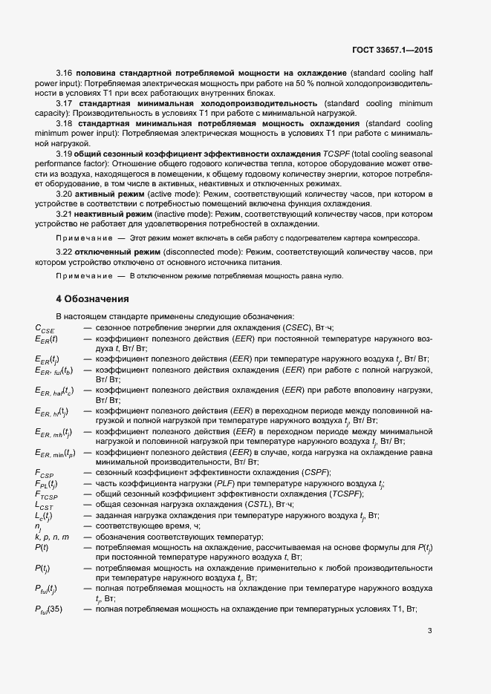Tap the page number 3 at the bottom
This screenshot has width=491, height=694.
pyautogui.click(x=429, y=632)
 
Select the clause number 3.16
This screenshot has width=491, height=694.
pyautogui.click(x=65, y=74)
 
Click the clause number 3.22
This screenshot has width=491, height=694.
pyautogui.click(x=65, y=253)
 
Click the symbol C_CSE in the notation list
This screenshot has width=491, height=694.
pyautogui.click(x=45, y=328)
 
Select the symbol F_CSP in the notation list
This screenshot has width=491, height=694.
pyautogui.click(x=45, y=473)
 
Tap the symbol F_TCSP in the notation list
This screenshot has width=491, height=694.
pyautogui.click(x=46, y=494)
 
